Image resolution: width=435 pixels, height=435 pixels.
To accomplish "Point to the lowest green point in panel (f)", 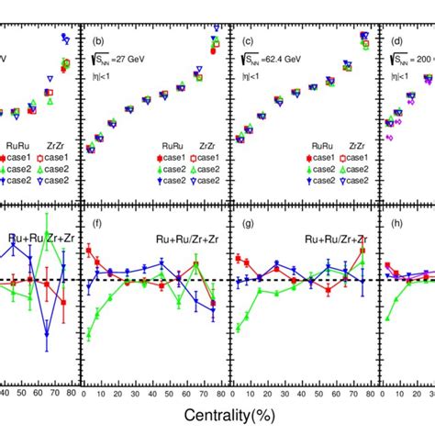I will tap(88, 336).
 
